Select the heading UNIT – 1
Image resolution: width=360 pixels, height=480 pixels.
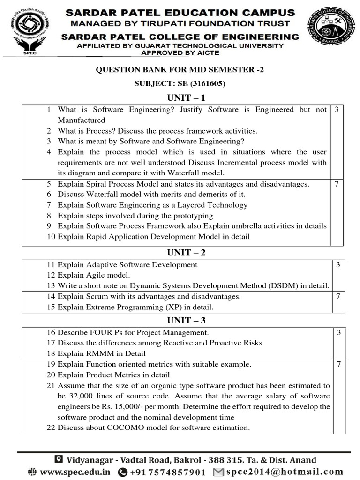point(187,97)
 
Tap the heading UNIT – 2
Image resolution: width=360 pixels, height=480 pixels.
point(187,253)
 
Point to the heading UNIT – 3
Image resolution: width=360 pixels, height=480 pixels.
point(187,321)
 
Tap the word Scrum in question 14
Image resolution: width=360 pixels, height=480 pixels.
point(96,297)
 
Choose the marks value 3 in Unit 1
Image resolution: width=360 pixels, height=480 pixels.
point(337,110)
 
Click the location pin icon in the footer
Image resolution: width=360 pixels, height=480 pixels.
point(59,459)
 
